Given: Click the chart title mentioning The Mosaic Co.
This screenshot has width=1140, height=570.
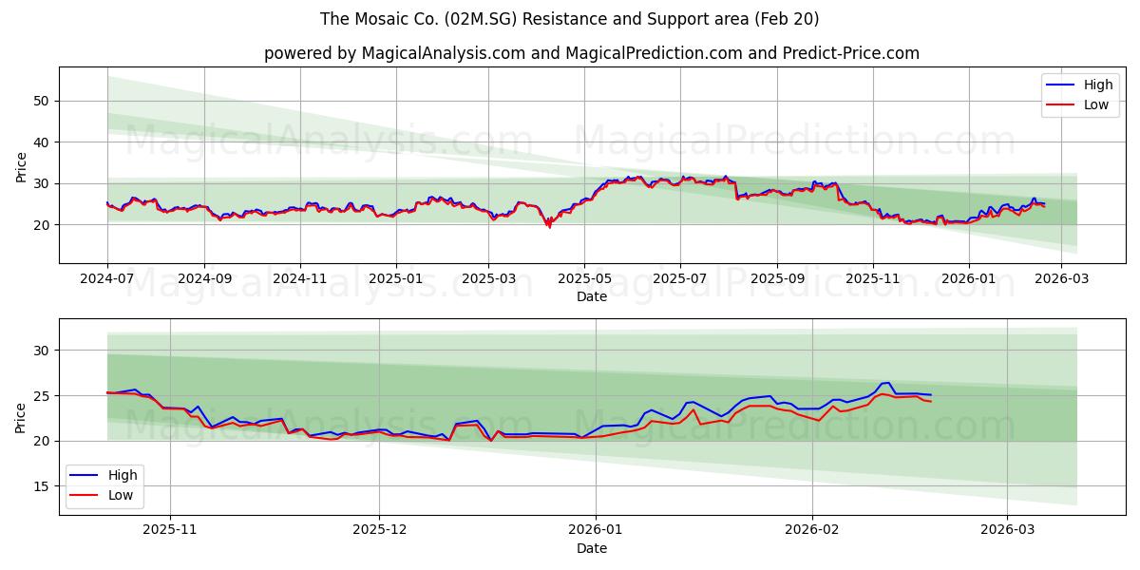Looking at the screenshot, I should pyautogui.click(x=569, y=19).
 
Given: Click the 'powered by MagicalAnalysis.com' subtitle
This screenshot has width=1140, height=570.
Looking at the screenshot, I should pyautogui.click(x=591, y=53).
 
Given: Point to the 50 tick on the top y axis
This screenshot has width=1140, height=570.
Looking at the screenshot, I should pyautogui.click(x=42, y=101).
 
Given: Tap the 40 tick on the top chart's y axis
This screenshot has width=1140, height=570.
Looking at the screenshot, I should pyautogui.click(x=42, y=142).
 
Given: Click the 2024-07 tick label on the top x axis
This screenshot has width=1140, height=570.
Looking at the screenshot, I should pyautogui.click(x=107, y=279).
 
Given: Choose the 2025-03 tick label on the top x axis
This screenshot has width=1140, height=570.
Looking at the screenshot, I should pyautogui.click(x=488, y=279).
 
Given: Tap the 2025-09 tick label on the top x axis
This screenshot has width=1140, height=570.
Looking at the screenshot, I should pyautogui.click(x=777, y=279).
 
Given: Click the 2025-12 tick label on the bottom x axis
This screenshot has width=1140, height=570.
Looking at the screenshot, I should pyautogui.click(x=379, y=530).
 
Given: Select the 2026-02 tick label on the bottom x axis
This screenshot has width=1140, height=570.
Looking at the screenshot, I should pyautogui.click(x=813, y=530).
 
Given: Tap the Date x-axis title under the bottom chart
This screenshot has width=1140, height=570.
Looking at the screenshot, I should pyautogui.click(x=591, y=548).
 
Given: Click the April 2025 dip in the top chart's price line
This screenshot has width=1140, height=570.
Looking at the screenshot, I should pyautogui.click(x=548, y=226).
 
